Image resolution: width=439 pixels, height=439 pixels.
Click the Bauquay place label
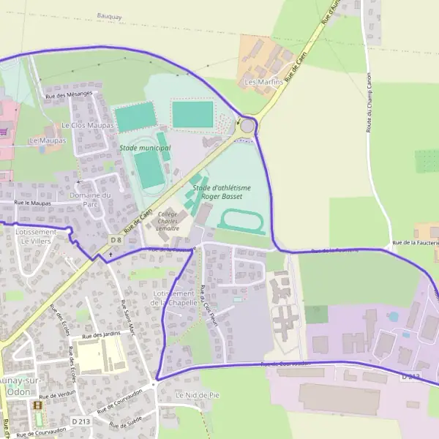pyautogui.click(x=109, y=15)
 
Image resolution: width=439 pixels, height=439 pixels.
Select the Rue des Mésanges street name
pyautogui.click(x=69, y=94)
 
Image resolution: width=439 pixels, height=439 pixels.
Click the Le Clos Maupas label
pyautogui.click(x=88, y=125)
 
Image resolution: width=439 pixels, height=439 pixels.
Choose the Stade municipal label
pyautogui.click(x=145, y=148)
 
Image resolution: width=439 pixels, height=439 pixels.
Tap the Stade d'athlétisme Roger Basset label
pyautogui.click(x=222, y=192)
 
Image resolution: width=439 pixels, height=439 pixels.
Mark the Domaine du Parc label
pyautogui.click(x=90, y=200)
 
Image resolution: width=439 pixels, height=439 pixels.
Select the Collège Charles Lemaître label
pyautogui.click(x=168, y=221)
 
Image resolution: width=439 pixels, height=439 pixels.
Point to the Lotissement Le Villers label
pyautogui.click(x=35, y=236)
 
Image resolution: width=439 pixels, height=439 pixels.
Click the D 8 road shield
pyautogui.click(x=116, y=240)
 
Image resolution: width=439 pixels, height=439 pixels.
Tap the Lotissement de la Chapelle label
pyautogui.click(x=176, y=297)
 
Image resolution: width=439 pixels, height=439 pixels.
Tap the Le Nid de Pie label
pyautogui.click(x=198, y=394)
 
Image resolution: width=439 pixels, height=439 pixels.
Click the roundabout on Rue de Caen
pyautogui.click(x=248, y=127)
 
